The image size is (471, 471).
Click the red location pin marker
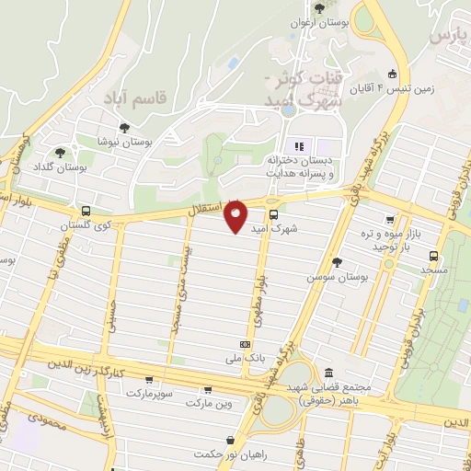(x=236, y=216)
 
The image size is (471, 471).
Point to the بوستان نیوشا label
(x=125, y=143)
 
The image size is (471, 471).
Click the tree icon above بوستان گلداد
(x=61, y=153)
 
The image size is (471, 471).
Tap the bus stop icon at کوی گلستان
(x=86, y=210)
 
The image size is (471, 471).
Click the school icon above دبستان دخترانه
(x=298, y=146)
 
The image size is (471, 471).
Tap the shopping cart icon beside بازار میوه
(x=391, y=221)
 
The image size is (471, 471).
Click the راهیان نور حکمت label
(x=220, y=454)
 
